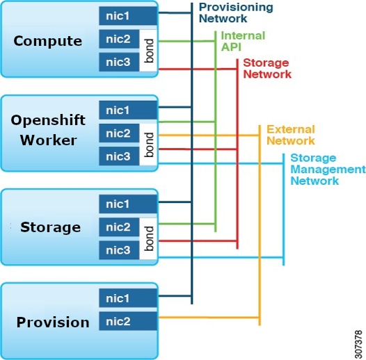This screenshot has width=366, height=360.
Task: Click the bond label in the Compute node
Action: click(x=149, y=51)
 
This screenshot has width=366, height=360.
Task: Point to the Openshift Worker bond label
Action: click(x=149, y=145)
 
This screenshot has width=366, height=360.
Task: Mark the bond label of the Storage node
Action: click(x=149, y=238)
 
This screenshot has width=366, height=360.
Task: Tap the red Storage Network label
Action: click(x=265, y=68)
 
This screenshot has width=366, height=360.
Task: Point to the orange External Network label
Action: click(x=290, y=135)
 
